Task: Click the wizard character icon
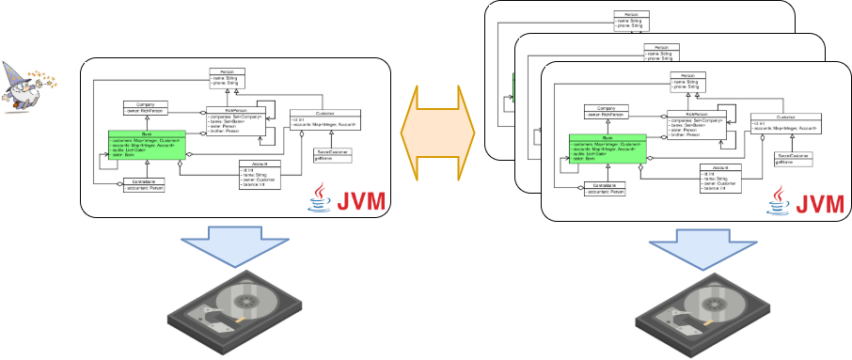(28, 85)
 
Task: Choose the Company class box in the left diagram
(145, 109)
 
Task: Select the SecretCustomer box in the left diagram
(333, 154)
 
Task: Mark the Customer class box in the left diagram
(324, 119)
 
